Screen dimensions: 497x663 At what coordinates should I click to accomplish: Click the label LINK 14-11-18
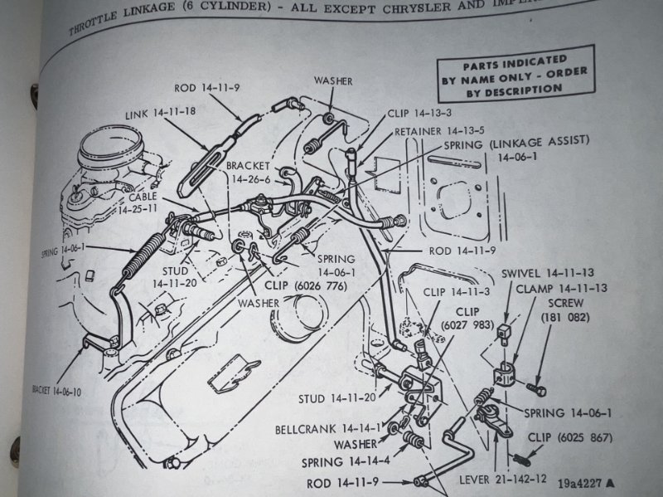pyautogui.click(x=162, y=114)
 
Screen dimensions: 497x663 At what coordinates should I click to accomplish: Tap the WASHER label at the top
pyautogui.click(x=333, y=80)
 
